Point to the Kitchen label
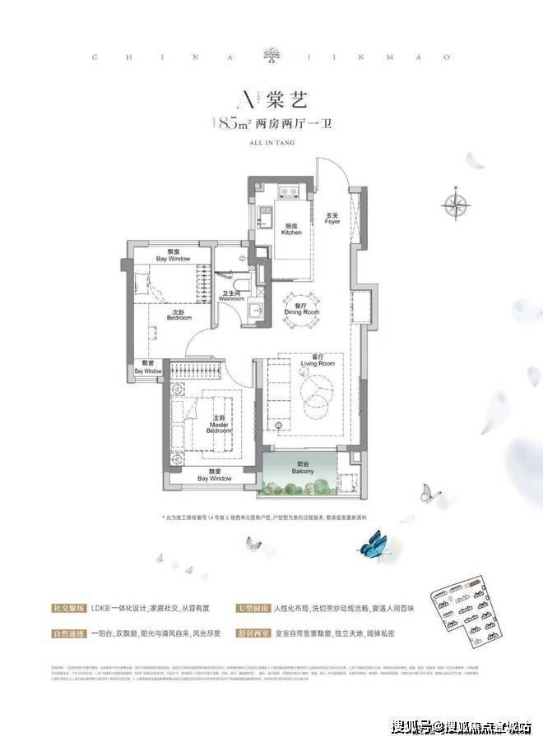[291, 229]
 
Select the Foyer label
[332, 219]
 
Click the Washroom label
[231, 296]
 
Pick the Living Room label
[317, 360]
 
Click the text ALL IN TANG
[270, 142]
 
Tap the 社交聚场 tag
[64, 609]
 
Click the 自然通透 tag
[64, 634]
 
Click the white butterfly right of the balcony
[430, 492]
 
